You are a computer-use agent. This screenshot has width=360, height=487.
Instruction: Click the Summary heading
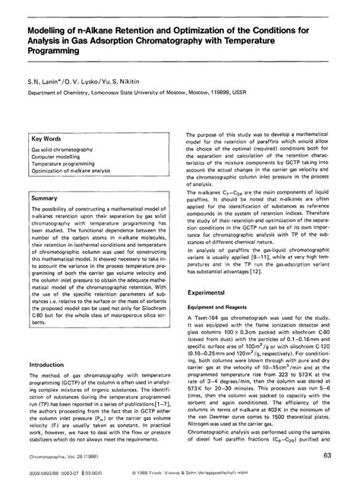coord(44,198)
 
